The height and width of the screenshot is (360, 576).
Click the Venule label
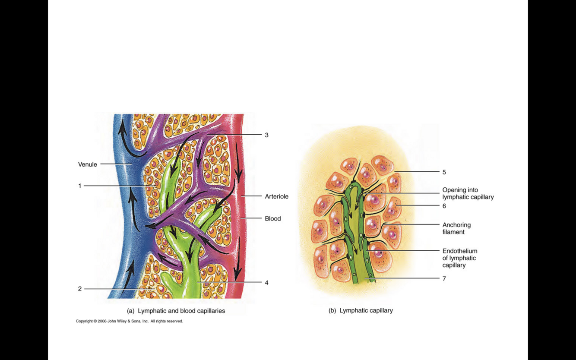[88, 164]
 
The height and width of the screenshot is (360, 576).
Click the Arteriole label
[276, 196]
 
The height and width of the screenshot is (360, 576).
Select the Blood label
[272, 218]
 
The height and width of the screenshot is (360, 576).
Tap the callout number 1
[80, 186]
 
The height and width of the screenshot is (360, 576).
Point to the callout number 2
[80, 289]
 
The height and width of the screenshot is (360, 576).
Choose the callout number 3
[266, 135]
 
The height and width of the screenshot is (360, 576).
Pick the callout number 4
[266, 283]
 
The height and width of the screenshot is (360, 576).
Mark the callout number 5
[444, 172]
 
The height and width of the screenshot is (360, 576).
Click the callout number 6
[444, 206]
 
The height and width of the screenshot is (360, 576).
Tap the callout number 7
[444, 279]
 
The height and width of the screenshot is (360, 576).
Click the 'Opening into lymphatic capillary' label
[468, 193]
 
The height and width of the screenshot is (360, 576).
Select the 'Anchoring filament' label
[456, 228]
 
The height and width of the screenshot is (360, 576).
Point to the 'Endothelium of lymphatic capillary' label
[459, 258]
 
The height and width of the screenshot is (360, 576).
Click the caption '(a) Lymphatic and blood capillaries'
[176, 311]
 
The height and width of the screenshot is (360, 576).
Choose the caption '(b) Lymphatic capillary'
[361, 310]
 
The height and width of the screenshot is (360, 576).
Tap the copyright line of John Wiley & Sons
[130, 321]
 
